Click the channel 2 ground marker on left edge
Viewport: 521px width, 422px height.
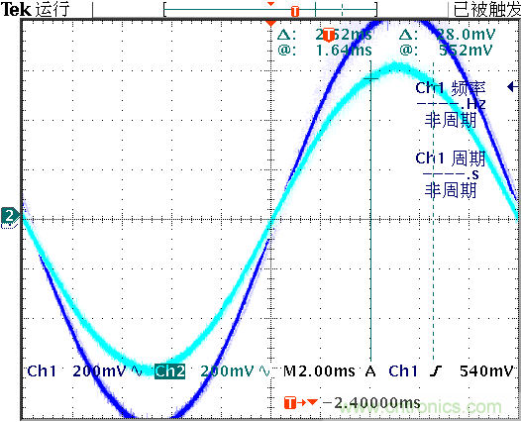pos(9,216)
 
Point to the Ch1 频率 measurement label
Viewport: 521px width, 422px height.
pos(448,88)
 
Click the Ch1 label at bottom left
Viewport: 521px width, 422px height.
pos(41,371)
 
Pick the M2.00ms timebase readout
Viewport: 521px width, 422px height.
pos(320,371)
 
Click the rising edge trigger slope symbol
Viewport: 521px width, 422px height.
pos(436,371)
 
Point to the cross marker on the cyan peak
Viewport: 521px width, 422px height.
pos(370,77)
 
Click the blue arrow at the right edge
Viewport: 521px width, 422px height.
pos(511,88)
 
